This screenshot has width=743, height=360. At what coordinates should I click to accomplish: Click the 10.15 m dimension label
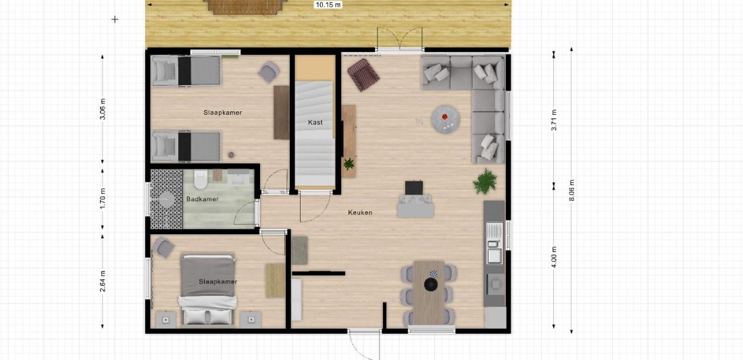tap(327, 5)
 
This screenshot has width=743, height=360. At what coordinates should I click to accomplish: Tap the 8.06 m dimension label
tap(572, 190)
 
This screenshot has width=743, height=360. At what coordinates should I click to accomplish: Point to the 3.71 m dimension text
tap(554, 119)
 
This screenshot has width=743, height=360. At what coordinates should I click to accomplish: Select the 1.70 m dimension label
tap(103, 198)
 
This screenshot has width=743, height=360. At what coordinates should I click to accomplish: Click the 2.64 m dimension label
tap(103, 281)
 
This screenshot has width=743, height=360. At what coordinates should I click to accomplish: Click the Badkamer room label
tap(202, 199)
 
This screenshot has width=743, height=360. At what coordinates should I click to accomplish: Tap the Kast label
tap(315, 122)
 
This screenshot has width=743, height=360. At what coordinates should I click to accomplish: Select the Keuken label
tap(360, 213)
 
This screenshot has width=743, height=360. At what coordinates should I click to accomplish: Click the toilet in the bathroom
tap(201, 179)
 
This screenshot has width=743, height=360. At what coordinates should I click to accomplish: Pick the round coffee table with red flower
tap(445, 119)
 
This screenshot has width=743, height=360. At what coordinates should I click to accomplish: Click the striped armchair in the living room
tap(363, 75)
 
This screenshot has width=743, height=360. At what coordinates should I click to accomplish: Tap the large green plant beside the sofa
tap(485, 181)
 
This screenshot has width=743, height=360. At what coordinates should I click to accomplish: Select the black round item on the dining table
tap(430, 285)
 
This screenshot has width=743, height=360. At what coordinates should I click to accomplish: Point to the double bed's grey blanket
tap(208, 276)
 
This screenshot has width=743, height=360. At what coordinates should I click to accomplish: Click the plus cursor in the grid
tap(115, 19)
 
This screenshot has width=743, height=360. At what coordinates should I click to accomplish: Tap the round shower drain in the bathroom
tap(166, 199)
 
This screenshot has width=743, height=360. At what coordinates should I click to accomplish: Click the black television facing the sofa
tap(414, 187)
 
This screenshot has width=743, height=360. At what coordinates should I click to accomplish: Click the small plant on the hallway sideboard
tap(349, 164)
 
